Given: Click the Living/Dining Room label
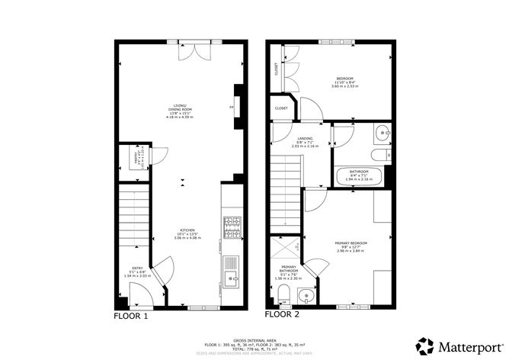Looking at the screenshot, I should (181, 112).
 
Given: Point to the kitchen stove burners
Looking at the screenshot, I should (232, 227).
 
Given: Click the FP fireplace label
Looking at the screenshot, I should (231, 108).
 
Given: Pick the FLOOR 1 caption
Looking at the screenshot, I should (131, 315).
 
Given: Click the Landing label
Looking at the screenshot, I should (305, 140).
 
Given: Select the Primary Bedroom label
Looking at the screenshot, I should (351, 246).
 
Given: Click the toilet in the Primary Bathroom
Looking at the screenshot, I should (283, 294).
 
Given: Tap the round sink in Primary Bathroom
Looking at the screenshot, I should (308, 295).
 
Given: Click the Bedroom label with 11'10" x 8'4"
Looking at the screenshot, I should (347, 81).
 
